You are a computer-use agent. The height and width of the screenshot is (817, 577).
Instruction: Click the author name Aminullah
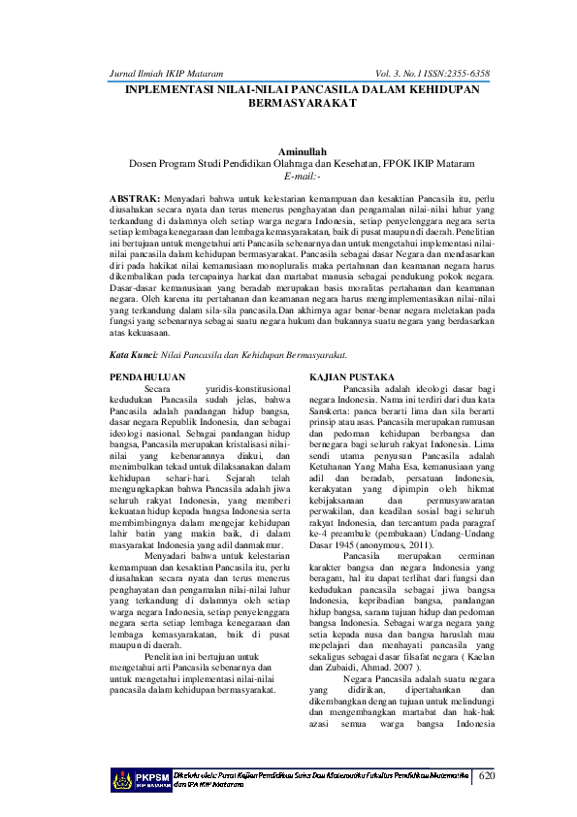pos(287,151)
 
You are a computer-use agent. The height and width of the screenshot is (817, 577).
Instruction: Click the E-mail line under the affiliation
pos(288,176)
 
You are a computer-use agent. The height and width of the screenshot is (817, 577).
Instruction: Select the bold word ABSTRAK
pos(136,197)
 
